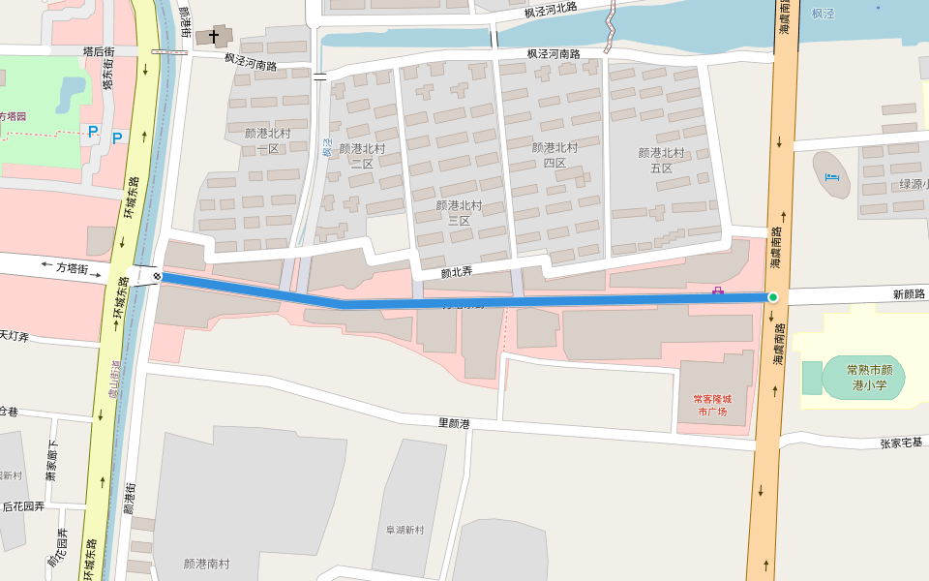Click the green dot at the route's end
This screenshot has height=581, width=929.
tap(772, 297)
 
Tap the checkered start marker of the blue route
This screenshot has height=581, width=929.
tap(157, 276)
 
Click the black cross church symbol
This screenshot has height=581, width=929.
tap(214, 38)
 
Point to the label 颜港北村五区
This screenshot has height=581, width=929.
tap(661, 161)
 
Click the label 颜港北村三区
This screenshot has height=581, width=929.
tap(459, 213)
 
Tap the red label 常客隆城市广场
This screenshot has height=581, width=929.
tap(712, 405)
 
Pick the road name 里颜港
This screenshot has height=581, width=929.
tap(454, 423)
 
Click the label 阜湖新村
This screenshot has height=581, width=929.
tap(405, 530)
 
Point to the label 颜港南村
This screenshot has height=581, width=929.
tap(206, 564)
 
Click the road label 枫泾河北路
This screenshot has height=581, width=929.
tap(551, 11)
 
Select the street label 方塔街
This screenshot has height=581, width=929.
tap(72, 266)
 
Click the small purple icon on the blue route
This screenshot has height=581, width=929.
tap(718, 290)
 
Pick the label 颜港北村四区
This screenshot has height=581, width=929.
tap(554, 155)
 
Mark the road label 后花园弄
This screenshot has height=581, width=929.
tap(23, 505)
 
